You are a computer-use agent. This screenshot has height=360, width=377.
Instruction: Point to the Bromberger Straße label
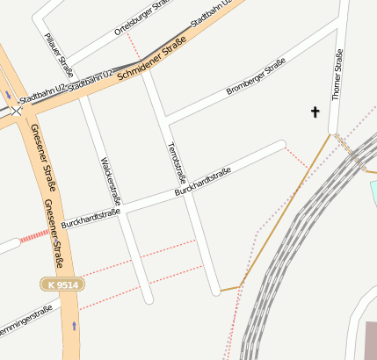coord(256,77)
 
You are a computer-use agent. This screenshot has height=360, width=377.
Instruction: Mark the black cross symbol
coord(315,112)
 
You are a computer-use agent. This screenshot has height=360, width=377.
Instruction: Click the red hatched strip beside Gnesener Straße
coord(34,235)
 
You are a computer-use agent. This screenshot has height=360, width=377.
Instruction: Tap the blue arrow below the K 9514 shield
coord(74,325)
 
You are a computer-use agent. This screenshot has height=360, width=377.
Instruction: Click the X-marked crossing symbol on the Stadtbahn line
coord(16,111)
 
